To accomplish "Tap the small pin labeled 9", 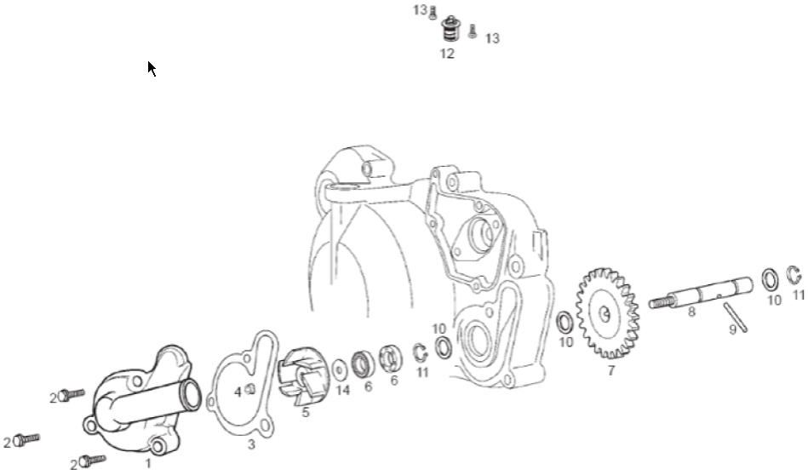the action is click(736, 318).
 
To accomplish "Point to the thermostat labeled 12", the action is click(451, 29).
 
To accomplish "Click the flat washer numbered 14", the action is click(340, 370).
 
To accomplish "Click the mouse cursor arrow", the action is click(152, 68).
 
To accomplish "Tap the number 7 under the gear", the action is click(611, 370).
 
